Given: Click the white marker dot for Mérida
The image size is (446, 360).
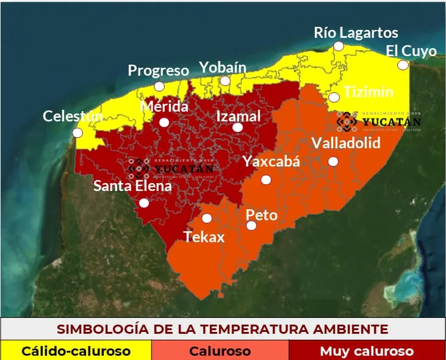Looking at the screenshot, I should tap(164, 122).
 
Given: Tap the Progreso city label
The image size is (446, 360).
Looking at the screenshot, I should tap(158, 70).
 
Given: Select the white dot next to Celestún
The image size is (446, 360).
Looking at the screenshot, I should tap(77, 132).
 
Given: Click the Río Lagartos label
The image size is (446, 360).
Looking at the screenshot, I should tap(356, 32).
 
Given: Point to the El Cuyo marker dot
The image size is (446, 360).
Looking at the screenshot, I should tap(403, 65).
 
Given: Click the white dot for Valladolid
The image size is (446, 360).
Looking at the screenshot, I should tap(333, 161).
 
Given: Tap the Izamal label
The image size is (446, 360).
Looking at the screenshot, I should tap(239, 116).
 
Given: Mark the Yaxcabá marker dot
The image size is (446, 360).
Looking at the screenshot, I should tap(266, 179).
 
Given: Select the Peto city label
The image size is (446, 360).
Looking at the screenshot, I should tap(261, 215).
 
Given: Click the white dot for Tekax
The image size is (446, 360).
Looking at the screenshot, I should tap(207, 218).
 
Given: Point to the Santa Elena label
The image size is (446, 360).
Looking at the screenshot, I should tap(132, 186).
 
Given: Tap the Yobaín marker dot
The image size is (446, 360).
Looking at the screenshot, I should tap(225, 81).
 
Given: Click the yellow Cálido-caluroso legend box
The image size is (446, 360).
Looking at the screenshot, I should tap(76, 351).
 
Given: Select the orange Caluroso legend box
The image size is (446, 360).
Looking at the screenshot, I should tap(220, 351).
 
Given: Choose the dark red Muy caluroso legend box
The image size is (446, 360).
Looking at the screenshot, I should tap(367, 351).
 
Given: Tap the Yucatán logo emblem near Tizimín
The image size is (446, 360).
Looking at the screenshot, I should tap(347, 121).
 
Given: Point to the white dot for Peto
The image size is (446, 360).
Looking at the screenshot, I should tap(251, 226).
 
